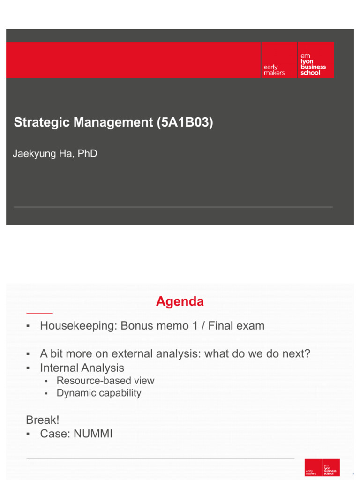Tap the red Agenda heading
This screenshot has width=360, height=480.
pos(180,301)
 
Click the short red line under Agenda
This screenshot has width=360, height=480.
pos(39,313)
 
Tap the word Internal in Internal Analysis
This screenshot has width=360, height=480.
pos(59,368)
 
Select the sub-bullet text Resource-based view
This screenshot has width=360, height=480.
pos(105,381)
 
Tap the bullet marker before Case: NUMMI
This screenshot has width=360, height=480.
pos(29,435)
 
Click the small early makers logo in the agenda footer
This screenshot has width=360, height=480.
pos(313,468)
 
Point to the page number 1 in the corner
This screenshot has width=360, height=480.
pos(352,473)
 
